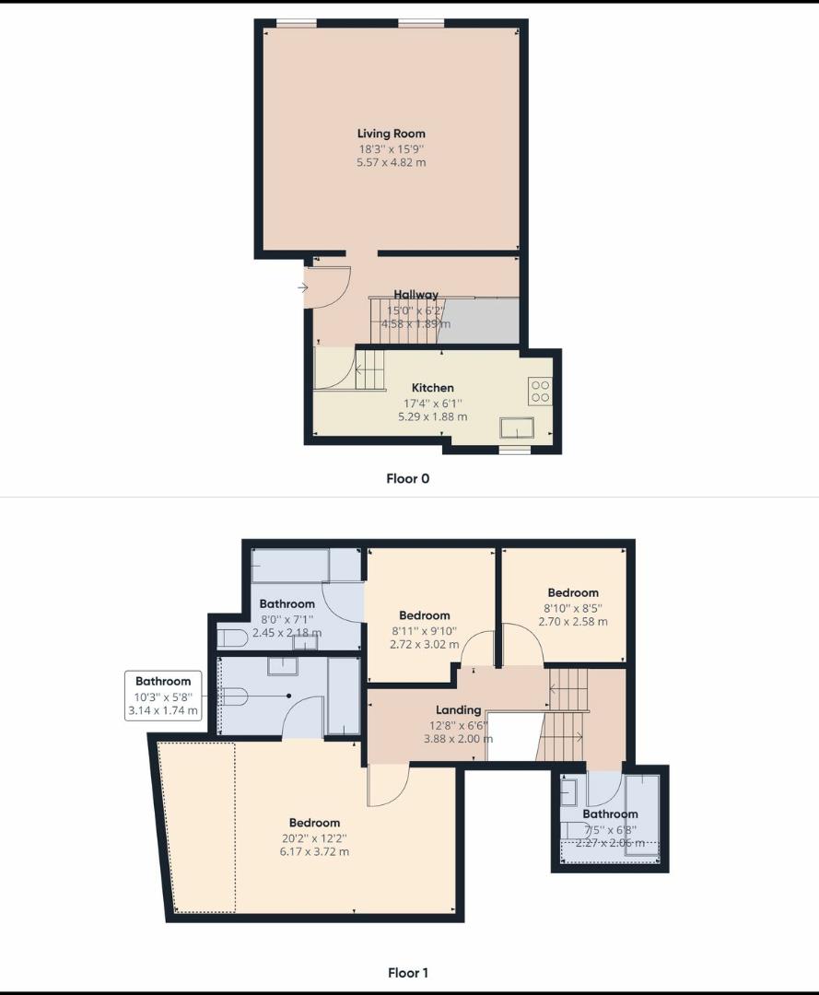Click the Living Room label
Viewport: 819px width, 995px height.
(x=391, y=134)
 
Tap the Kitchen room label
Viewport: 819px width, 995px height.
(x=432, y=388)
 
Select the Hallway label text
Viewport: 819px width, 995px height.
(x=415, y=295)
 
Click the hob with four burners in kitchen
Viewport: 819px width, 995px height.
(x=540, y=392)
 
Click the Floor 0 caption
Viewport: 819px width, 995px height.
(x=407, y=478)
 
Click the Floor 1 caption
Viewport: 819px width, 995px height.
(x=407, y=972)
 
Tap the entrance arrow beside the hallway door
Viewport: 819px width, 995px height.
(x=302, y=287)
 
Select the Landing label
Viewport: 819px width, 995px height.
(x=458, y=710)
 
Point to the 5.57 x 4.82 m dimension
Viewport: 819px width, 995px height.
(x=391, y=162)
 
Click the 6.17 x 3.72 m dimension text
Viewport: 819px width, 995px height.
(x=314, y=851)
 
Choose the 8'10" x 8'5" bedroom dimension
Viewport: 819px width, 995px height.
(x=573, y=607)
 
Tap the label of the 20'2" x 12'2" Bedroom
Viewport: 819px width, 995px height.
(x=314, y=823)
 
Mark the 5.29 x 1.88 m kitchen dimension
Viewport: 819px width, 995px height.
(x=432, y=416)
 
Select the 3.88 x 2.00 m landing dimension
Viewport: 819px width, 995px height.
(x=458, y=739)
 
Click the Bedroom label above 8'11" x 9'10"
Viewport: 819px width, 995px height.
(x=424, y=615)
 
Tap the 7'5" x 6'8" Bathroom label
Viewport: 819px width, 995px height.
(x=610, y=814)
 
